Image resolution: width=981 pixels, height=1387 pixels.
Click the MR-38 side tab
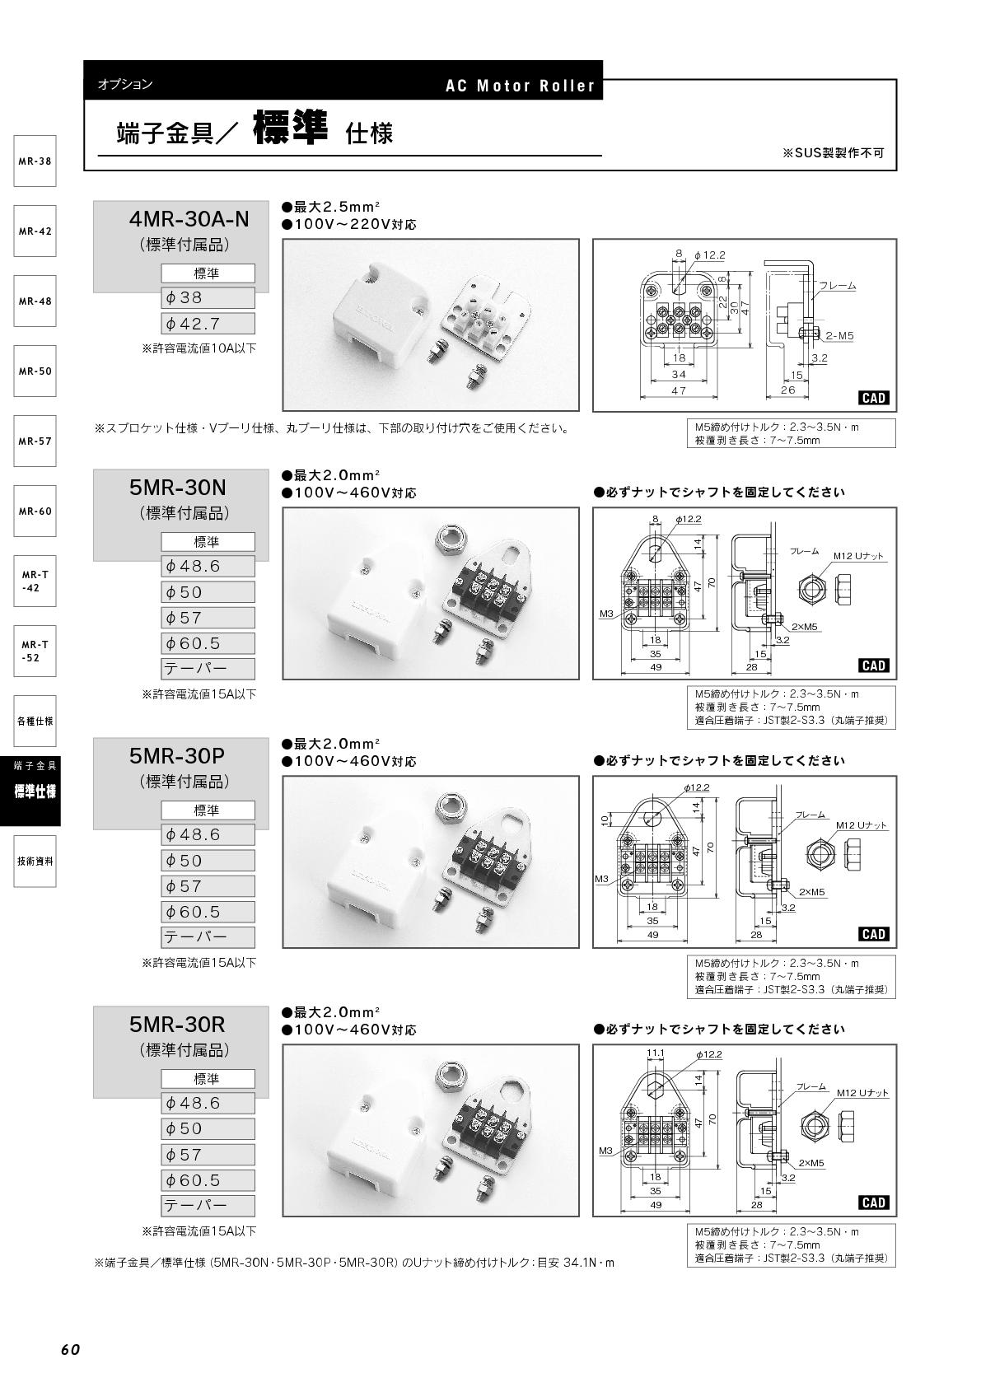(35, 161)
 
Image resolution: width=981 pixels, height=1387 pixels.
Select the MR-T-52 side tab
(35, 651)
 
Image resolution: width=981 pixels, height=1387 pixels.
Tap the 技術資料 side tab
(35, 862)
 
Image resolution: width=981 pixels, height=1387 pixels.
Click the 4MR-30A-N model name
(189, 219)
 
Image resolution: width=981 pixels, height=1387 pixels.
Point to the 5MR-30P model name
(177, 756)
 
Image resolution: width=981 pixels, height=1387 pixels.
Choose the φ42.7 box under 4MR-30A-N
(208, 323)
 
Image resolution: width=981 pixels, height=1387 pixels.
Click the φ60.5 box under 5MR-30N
(208, 643)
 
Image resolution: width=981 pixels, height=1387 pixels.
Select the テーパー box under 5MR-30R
(208, 1206)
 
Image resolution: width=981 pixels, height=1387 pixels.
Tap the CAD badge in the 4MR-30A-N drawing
(874, 398)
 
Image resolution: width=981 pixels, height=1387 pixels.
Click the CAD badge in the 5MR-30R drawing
(874, 1203)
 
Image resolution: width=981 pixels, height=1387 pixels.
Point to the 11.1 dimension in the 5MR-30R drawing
(656, 1053)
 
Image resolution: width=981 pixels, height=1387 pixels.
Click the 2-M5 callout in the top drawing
(840, 335)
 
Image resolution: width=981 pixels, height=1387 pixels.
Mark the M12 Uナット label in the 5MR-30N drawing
(859, 556)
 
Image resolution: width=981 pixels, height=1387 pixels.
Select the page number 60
(71, 1349)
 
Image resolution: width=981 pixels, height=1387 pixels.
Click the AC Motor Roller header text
(521, 86)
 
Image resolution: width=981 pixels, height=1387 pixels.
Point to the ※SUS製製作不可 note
(834, 153)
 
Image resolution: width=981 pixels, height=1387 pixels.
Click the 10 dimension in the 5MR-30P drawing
(605, 820)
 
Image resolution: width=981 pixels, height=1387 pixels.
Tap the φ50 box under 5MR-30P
(208, 861)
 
